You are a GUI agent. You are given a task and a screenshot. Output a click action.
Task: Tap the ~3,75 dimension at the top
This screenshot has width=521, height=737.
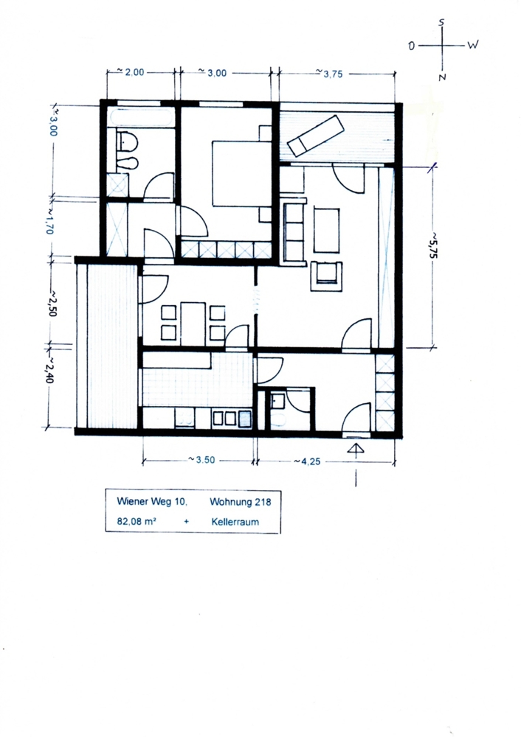329,73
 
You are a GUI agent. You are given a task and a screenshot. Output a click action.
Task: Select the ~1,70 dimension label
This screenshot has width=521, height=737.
50,221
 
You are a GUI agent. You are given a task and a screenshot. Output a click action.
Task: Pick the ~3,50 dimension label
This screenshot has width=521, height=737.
202,460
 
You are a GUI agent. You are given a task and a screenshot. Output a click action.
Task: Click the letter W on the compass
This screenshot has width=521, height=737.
473,45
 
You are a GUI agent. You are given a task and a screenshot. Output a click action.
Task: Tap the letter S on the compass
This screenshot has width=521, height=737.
441,21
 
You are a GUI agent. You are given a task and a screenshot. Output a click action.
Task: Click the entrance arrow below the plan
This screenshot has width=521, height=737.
356,450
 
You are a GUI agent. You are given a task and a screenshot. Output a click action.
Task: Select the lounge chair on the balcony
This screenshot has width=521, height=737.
316,136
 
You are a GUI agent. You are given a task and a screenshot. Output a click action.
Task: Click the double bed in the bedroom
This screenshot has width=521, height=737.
241,173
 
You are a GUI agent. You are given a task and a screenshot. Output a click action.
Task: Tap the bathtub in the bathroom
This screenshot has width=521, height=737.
141,117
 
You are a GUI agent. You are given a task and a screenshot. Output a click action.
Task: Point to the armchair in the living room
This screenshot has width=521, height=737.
325,276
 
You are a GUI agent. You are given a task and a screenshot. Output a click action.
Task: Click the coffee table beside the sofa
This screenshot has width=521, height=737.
326,231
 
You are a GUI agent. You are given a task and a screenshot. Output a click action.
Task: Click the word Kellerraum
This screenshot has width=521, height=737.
235,522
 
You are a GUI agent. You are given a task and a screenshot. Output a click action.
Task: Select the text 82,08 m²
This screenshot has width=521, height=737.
137,521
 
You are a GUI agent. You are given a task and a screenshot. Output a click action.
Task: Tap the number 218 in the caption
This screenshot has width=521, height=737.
263,502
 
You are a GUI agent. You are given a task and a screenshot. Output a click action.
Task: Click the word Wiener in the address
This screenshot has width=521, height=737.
133,501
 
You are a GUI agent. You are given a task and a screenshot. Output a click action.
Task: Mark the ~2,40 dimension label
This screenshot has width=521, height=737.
49,369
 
